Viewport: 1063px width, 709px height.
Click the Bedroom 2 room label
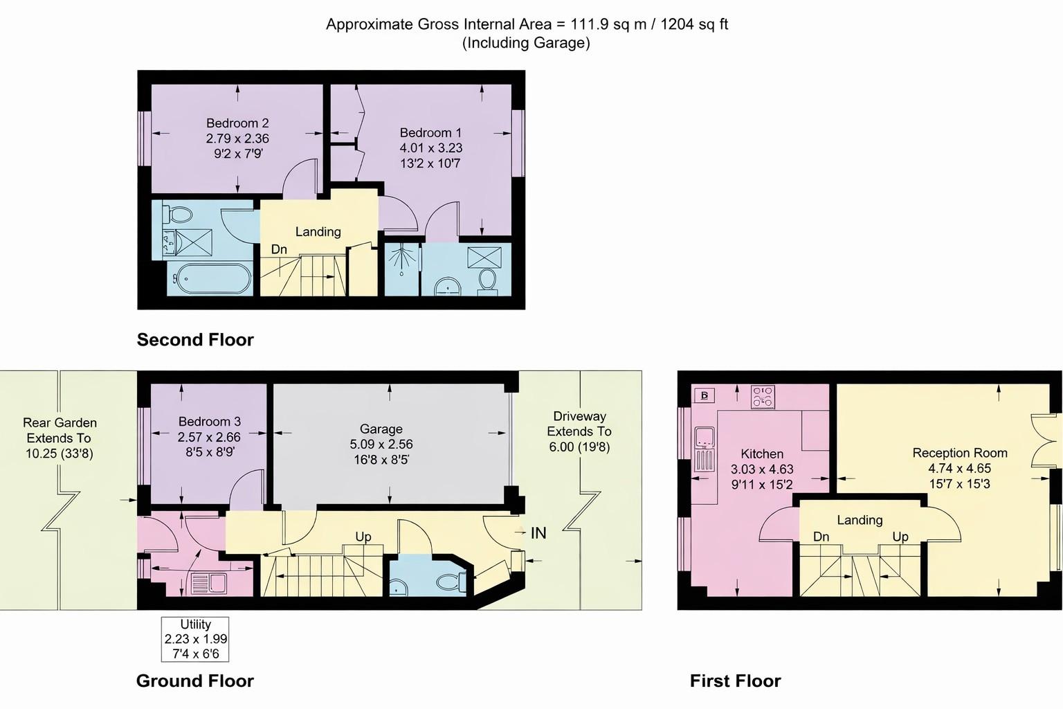[x=237, y=123]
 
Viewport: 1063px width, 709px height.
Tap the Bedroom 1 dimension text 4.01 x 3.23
[x=430, y=147]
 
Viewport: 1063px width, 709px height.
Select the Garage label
[x=381, y=429]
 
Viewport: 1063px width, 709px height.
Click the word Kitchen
[x=762, y=454]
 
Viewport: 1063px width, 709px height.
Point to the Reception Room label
[x=959, y=453]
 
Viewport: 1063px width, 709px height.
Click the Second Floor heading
[x=195, y=339]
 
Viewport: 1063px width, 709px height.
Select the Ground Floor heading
[x=195, y=681]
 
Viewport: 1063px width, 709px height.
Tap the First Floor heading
[x=735, y=681]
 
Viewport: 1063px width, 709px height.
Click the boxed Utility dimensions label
[x=195, y=638]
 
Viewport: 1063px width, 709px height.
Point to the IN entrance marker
[x=538, y=532]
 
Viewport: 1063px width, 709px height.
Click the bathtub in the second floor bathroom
[x=210, y=279]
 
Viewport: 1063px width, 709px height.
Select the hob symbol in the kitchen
[x=763, y=397]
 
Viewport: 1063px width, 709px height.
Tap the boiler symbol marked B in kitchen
[x=705, y=395]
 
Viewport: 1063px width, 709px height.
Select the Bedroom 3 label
[x=209, y=421]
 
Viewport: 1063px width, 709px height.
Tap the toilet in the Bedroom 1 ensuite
[x=488, y=280]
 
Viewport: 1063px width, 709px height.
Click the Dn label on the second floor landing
[x=279, y=249]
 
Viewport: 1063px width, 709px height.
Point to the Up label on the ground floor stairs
[x=363, y=537]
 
